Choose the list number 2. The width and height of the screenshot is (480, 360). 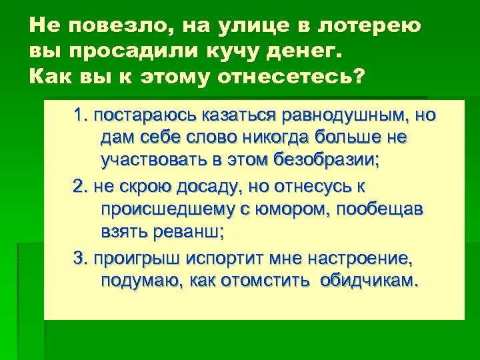pos(80,186)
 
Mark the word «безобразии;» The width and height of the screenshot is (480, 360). pos(333,161)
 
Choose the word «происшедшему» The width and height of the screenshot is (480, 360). pos(167,209)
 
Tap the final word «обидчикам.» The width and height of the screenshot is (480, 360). pos(370,280)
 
